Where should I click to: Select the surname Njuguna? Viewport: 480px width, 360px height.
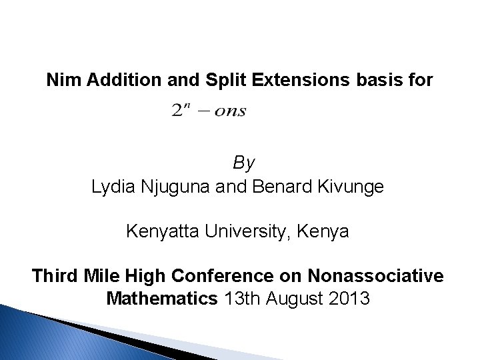pyautogui.click(x=181, y=187)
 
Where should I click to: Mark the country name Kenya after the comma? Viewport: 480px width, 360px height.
pyautogui.click(x=326, y=233)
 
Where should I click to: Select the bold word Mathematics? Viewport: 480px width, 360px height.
pyautogui.click(x=161, y=297)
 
